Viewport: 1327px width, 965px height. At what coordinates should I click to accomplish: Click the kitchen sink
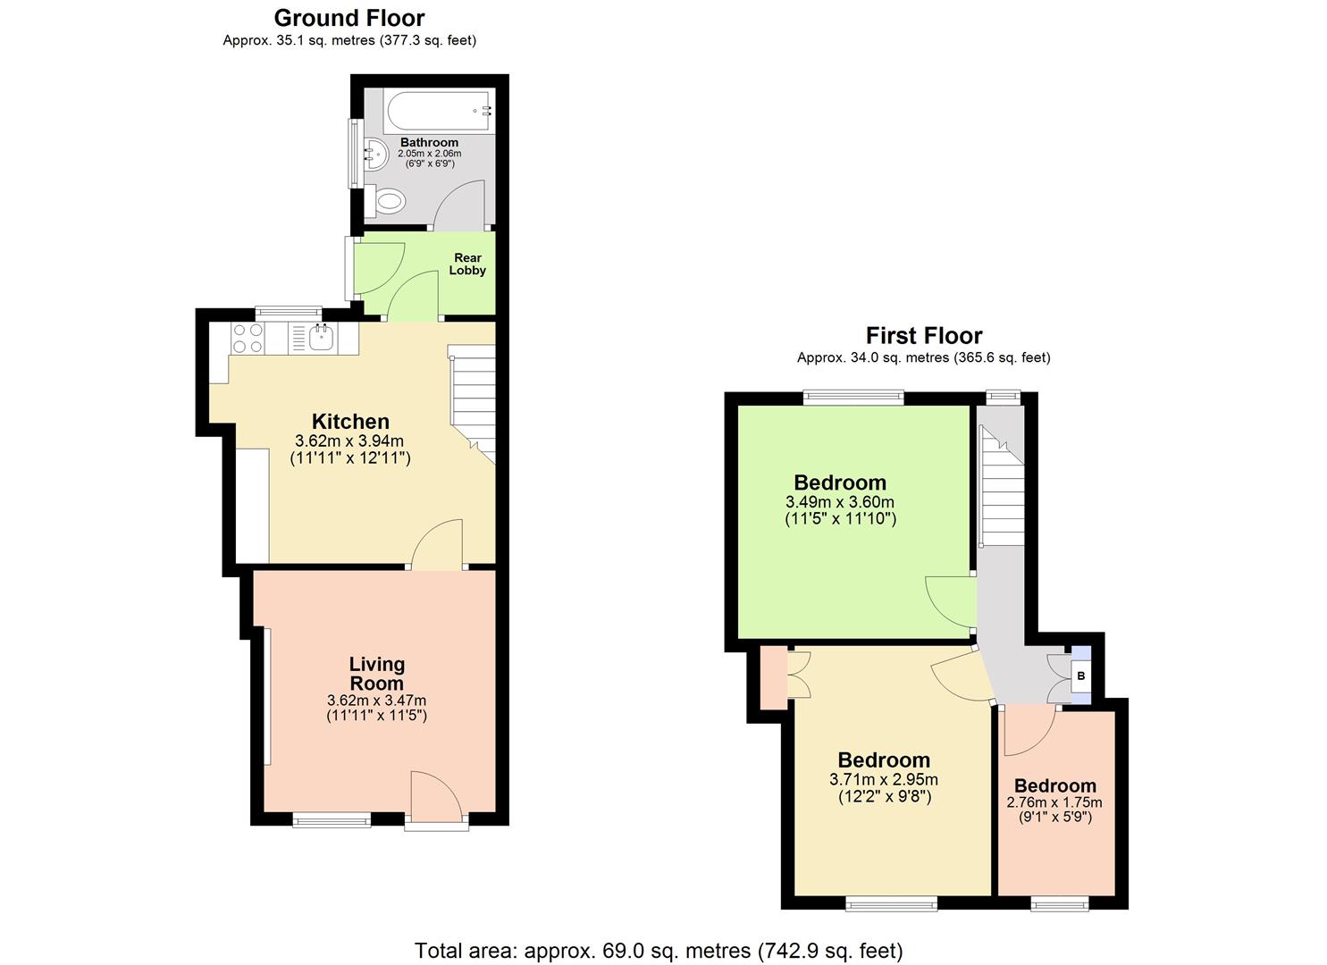tap(321, 338)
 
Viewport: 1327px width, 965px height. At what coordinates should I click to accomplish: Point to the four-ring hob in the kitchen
tap(248, 338)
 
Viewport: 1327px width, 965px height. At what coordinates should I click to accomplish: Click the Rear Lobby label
tap(467, 264)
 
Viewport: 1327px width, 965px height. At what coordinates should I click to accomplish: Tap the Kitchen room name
tap(350, 422)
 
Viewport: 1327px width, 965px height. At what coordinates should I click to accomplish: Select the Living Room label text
tap(376, 674)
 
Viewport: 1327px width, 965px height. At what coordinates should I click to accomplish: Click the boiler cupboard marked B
tap(1080, 676)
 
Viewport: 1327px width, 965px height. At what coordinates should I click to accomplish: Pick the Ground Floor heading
tap(349, 18)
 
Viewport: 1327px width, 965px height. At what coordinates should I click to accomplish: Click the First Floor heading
tap(923, 336)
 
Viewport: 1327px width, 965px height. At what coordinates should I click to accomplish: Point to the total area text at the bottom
tap(659, 950)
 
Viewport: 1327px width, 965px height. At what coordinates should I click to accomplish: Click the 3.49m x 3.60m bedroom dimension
tap(839, 502)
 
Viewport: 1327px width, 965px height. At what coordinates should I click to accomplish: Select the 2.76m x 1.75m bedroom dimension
tap(1054, 802)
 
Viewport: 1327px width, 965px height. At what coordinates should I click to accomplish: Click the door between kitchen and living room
tap(437, 547)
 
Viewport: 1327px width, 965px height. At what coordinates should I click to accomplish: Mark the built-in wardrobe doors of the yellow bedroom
tap(797, 675)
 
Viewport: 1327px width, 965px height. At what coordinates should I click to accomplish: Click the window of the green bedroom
tap(853, 398)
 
